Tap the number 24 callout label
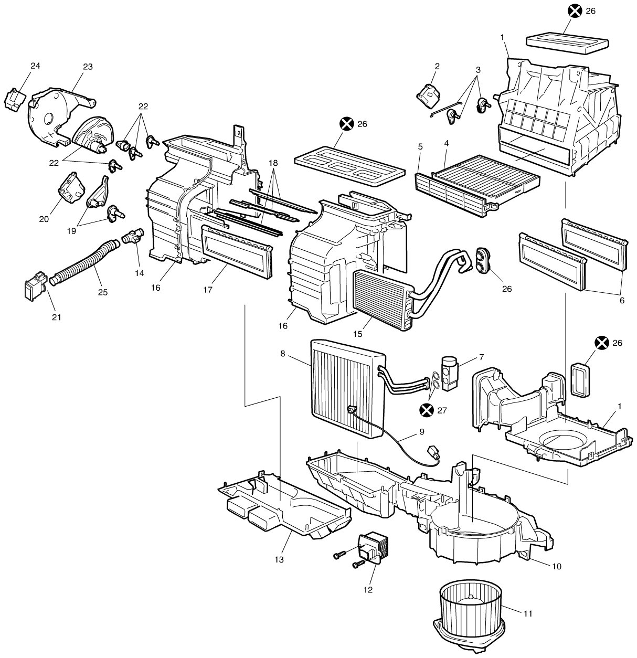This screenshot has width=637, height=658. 35,66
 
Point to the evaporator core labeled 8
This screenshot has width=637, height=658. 347,388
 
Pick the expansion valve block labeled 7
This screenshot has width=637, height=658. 450,374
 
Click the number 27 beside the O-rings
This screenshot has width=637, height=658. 442,410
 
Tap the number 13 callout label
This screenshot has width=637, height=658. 279,559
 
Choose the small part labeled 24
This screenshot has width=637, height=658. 15,99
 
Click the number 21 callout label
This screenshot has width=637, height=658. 57,317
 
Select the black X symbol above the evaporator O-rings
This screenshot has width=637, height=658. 427,410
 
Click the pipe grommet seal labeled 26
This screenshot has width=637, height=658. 482,260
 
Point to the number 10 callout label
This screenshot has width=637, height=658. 557,566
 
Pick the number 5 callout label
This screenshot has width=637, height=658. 420,147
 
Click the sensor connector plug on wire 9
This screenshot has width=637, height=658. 434,452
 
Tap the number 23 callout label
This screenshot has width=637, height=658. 88,67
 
